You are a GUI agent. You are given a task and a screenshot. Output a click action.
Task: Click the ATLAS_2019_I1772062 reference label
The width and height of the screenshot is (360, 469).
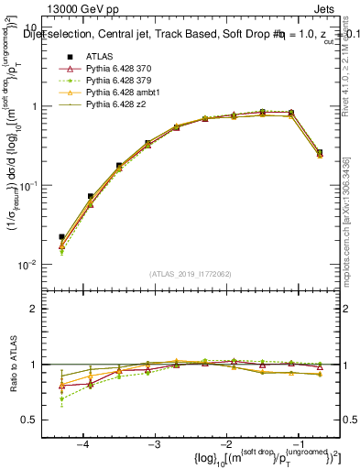click(191, 273)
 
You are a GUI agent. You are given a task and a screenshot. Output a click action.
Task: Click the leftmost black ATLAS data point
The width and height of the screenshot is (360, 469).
click(61, 236)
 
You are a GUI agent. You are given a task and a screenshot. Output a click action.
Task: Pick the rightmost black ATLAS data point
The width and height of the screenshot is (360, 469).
click(319, 152)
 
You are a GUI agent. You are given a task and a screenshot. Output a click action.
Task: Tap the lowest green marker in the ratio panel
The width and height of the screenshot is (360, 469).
click(61, 398)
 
